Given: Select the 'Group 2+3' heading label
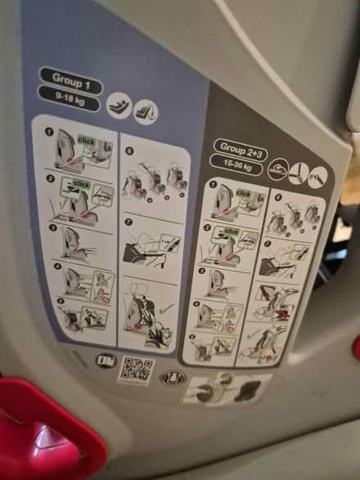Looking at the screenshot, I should (x=241, y=147).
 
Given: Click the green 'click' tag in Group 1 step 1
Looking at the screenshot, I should (x=86, y=142).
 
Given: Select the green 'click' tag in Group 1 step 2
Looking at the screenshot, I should (x=81, y=185).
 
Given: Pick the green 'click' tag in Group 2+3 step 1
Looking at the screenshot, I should (x=244, y=193).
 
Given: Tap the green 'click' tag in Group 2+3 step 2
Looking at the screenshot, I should (x=232, y=231).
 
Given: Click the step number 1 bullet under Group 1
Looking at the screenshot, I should (x=48, y=132).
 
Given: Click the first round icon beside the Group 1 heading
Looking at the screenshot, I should (x=116, y=105).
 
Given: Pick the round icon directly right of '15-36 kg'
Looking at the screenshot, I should (x=280, y=165).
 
